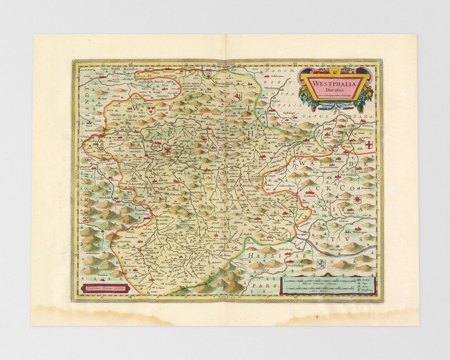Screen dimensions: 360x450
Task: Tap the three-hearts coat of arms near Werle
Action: click(x=151, y=109)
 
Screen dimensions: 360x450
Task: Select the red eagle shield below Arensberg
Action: click(x=168, y=150)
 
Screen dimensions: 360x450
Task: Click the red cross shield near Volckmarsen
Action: click(x=368, y=145)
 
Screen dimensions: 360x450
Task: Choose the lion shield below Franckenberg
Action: click(x=320, y=263)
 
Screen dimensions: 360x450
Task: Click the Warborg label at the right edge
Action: click(x=367, y=125)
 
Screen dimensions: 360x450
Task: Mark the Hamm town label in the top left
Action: click(x=100, y=73)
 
